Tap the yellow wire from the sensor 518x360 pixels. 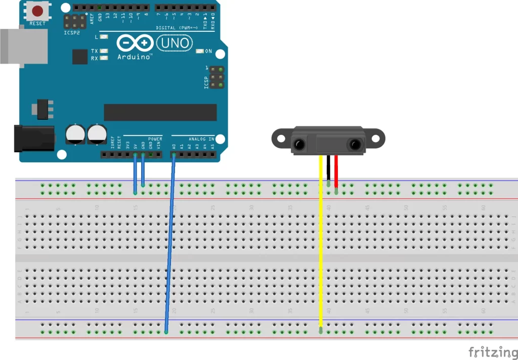pos(320,243)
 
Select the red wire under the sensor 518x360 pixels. pos(336,172)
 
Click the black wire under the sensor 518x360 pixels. pos(328,169)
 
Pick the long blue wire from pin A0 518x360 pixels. pos(170,243)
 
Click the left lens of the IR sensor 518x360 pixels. pos(299,145)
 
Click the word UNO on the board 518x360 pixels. pos(175,43)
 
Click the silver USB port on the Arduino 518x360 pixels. pos(23,46)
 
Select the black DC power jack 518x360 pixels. pos(33,138)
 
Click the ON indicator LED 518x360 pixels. pos(199,51)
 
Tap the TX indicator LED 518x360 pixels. pos(104,51)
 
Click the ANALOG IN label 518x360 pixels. pos(201,139)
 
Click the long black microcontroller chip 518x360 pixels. pos(160,112)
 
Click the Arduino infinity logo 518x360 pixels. pos(135,43)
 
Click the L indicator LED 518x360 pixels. pos(104,37)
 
